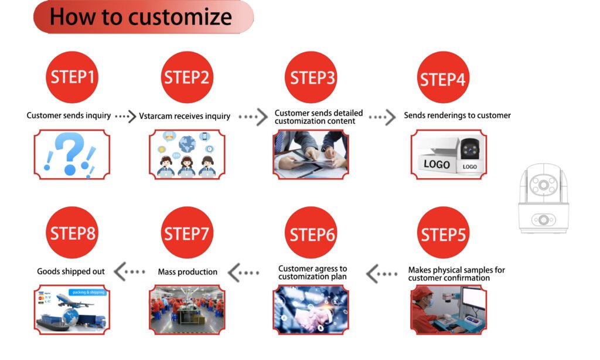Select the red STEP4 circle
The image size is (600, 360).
click(x=443, y=79)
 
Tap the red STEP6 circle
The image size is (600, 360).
click(x=313, y=234)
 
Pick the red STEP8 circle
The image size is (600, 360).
click(x=72, y=233)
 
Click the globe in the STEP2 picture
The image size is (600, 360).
click(x=187, y=144)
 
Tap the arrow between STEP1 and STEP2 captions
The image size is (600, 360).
click(x=124, y=116)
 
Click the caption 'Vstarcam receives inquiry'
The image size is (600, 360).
click(x=185, y=116)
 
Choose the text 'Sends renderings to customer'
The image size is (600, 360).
click(x=457, y=116)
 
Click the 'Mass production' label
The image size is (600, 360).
click(x=187, y=272)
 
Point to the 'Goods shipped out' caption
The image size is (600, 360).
click(x=71, y=271)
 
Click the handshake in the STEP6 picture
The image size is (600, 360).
click(x=311, y=317)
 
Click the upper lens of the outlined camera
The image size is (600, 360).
click(x=543, y=185)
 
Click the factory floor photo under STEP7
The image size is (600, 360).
click(x=187, y=310)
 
